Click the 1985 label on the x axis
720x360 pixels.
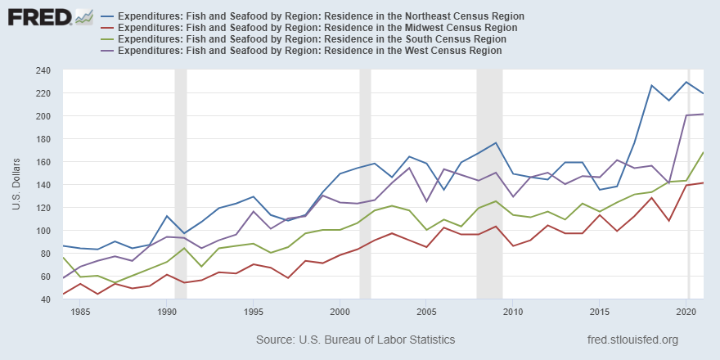pyautogui.click(x=79, y=312)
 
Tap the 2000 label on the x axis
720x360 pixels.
pyautogui.click(x=340, y=312)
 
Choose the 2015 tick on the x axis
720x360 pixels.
pyautogui.click(x=600, y=312)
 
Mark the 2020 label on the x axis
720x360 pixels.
pyautogui.click(x=686, y=312)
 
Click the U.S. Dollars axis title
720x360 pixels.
pyautogui.click(x=16, y=184)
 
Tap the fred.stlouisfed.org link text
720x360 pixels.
pyautogui.click(x=632, y=339)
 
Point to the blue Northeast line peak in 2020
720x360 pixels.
pyautogui.click(x=686, y=82)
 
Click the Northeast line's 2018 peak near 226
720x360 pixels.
pyautogui.click(x=652, y=86)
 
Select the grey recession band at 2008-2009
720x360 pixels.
pyautogui.click(x=489, y=184)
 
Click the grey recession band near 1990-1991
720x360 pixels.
pyautogui.click(x=181, y=184)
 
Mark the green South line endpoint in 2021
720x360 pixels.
pyautogui.click(x=704, y=153)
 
